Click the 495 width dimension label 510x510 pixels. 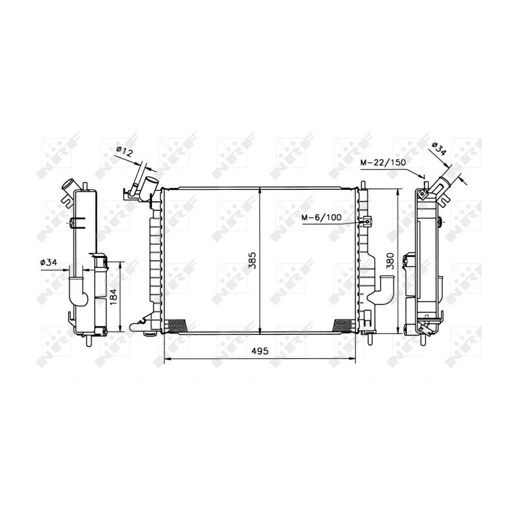point(260,351)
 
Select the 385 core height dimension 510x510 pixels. point(253,260)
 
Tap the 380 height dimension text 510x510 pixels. point(390,261)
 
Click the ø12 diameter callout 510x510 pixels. point(125,151)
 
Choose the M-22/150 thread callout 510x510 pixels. point(383,162)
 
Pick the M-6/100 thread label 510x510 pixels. point(322,217)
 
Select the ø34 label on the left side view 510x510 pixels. point(49,262)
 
